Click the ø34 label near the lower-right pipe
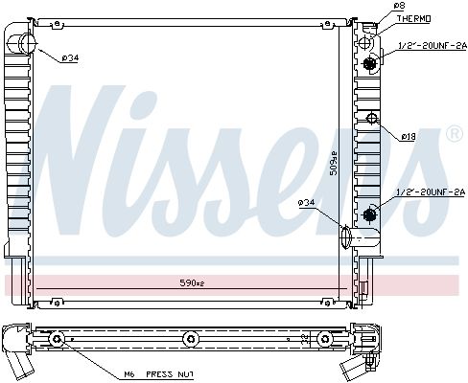(x=307, y=202)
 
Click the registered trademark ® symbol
(x=454, y=135)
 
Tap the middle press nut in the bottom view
(x=190, y=340)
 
